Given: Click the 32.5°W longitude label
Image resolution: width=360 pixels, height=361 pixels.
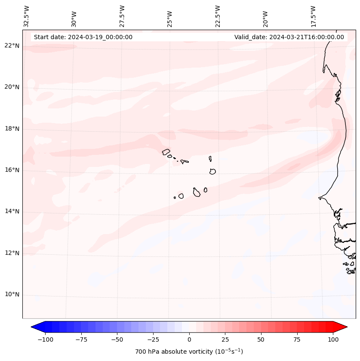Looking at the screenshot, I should click(27, 16).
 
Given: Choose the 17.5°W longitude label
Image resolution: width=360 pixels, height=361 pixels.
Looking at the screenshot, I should click(313, 16).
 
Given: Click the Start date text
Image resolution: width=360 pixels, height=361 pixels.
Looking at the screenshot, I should click(83, 37).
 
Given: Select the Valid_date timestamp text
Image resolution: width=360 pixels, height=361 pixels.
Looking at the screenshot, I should click(289, 37).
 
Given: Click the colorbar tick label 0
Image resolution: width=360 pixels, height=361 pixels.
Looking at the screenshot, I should click(189, 339).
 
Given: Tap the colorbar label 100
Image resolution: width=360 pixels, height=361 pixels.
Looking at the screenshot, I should click(333, 339).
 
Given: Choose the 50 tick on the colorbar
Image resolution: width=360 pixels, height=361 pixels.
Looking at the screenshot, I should click(261, 339).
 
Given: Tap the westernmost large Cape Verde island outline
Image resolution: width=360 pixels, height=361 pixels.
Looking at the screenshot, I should click(166, 152).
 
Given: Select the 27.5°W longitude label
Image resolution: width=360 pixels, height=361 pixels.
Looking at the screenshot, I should click(122, 16).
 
